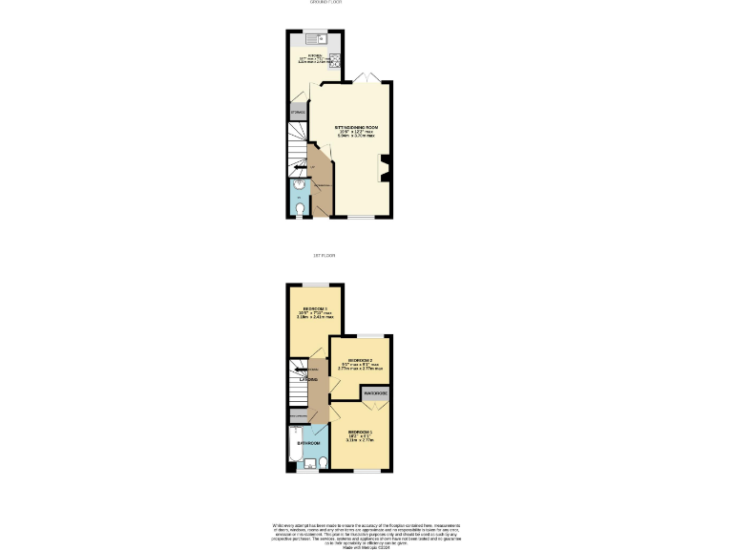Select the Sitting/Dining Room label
click(357, 127)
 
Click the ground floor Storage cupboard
click(297, 114)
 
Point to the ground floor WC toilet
click(302, 207)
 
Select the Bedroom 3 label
click(315, 308)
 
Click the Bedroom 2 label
click(359, 360)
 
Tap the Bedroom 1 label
click(360, 432)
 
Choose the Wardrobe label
click(375, 393)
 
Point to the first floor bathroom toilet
click(324, 463)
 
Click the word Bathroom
click(308, 444)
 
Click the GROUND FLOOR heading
click(325, 3)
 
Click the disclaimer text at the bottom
click(366, 534)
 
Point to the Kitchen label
click(315, 56)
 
